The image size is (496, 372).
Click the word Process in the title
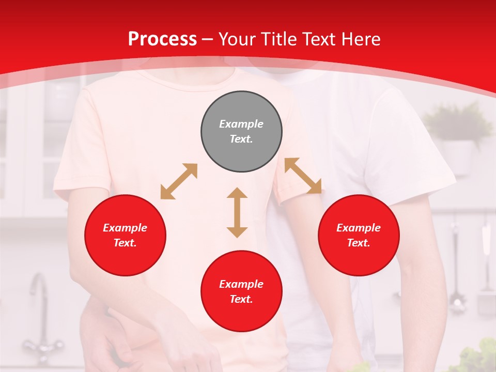coord(162,39)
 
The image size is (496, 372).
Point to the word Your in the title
coord(237,39)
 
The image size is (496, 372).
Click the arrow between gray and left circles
coord(179,181)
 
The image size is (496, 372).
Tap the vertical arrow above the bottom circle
coord(237,212)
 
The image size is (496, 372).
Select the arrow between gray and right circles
coord(303,176)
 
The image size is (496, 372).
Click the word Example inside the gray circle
coord(241,124)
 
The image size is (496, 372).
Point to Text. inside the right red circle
coord(359,243)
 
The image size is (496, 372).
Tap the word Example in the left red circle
coord(125,228)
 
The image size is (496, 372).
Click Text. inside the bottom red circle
coord(241,299)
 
